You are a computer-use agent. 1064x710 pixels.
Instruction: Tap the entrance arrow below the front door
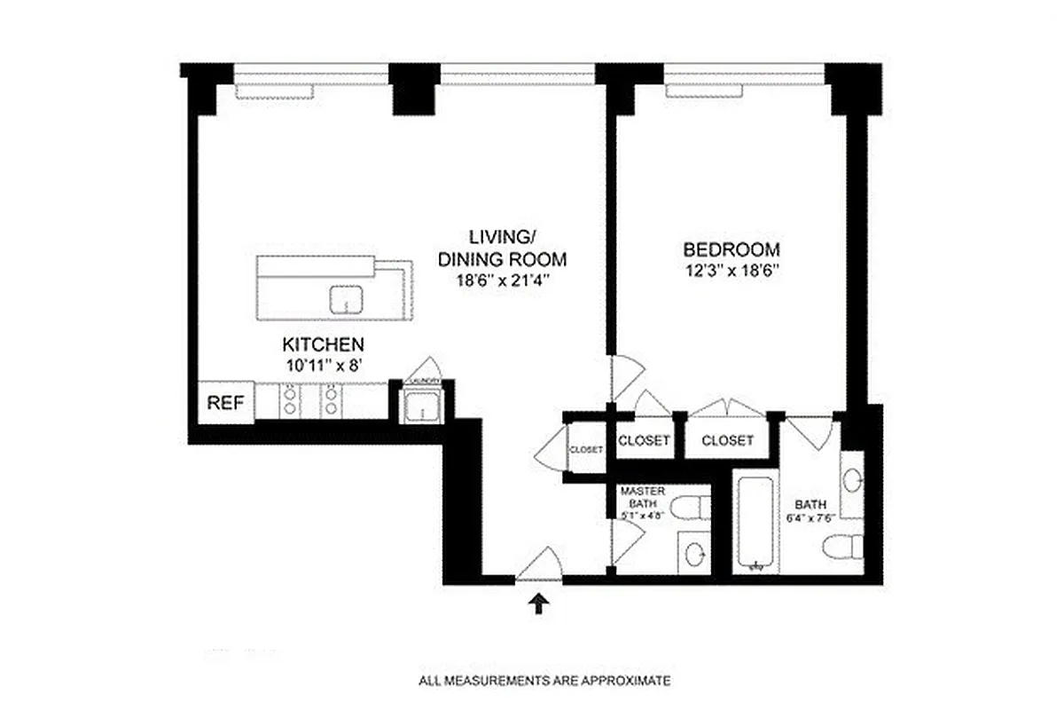tap(538, 603)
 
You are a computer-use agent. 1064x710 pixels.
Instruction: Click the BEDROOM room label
tap(731, 249)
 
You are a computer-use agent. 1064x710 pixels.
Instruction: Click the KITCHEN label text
tap(323, 344)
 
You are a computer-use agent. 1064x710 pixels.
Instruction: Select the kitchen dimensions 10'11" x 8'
tap(323, 363)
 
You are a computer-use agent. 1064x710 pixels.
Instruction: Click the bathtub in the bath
tap(755, 524)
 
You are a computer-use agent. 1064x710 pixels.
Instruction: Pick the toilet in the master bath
tap(692, 509)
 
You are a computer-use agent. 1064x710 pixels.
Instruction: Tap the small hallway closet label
tap(585, 450)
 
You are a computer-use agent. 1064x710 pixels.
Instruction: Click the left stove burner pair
tap(289, 400)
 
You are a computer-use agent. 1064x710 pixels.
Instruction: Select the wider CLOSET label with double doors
tap(727, 440)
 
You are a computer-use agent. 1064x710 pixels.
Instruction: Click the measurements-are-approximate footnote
tap(544, 682)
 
